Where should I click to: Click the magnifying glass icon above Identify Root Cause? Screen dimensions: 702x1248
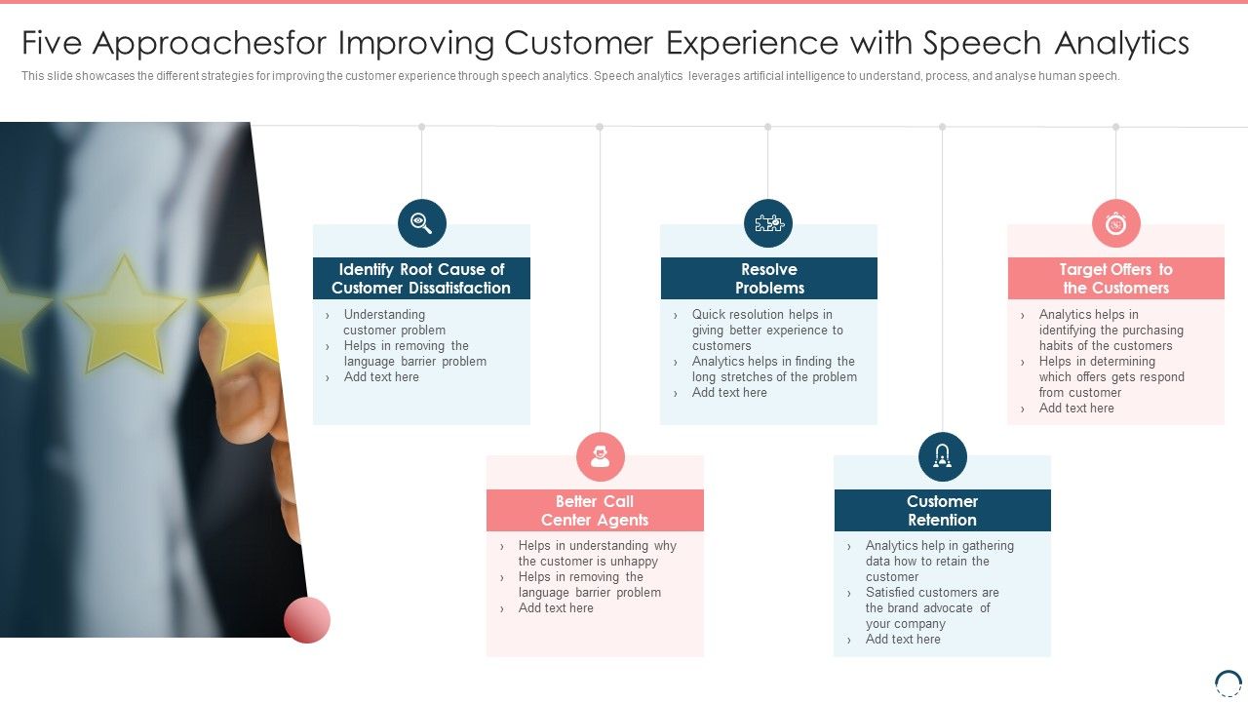click(421, 223)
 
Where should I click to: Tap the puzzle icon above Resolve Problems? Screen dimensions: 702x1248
click(768, 223)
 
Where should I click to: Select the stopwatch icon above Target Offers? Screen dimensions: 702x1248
click(1115, 223)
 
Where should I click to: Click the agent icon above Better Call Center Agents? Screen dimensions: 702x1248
click(600, 456)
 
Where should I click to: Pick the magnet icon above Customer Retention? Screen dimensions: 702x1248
click(942, 456)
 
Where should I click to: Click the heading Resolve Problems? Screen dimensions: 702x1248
click(768, 279)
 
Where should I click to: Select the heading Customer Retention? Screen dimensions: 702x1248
click(942, 511)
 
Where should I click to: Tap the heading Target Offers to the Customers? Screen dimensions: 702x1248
click(1115, 279)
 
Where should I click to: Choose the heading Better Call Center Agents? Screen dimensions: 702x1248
click(595, 511)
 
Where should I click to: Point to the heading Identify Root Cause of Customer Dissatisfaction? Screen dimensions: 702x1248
click(421, 279)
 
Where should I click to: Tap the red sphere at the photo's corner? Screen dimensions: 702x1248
click(307, 620)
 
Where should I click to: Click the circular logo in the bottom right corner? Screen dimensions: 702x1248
click(1228, 682)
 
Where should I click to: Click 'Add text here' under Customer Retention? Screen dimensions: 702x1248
click(903, 640)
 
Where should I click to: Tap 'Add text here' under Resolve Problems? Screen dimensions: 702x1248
click(729, 393)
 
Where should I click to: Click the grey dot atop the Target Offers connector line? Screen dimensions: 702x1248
click(1115, 127)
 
